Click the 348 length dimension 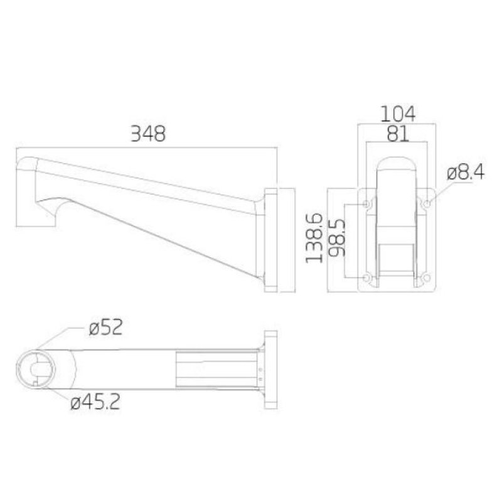[x=147, y=134]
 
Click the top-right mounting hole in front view [x=427, y=204]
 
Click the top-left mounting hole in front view [x=367, y=204]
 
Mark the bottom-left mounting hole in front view [x=367, y=277]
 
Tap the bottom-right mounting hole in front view [x=427, y=277]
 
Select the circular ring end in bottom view [x=39, y=367]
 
